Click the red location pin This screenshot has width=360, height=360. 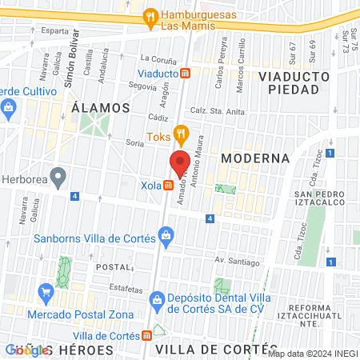[180, 163]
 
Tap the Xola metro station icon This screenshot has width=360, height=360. [169, 186]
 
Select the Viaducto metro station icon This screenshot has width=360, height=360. [186, 74]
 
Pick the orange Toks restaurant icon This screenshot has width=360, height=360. [181, 134]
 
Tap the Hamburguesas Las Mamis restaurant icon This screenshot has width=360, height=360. [150, 17]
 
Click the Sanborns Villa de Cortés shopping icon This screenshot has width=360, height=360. [166, 234]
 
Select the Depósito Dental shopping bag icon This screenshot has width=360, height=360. [157, 300]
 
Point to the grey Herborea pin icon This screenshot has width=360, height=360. [57, 175]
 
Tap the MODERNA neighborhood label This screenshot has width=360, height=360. [254, 158]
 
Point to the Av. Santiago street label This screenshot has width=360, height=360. [237, 262]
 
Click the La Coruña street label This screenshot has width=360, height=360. [157, 58]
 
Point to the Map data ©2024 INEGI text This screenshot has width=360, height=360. [313, 354]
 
